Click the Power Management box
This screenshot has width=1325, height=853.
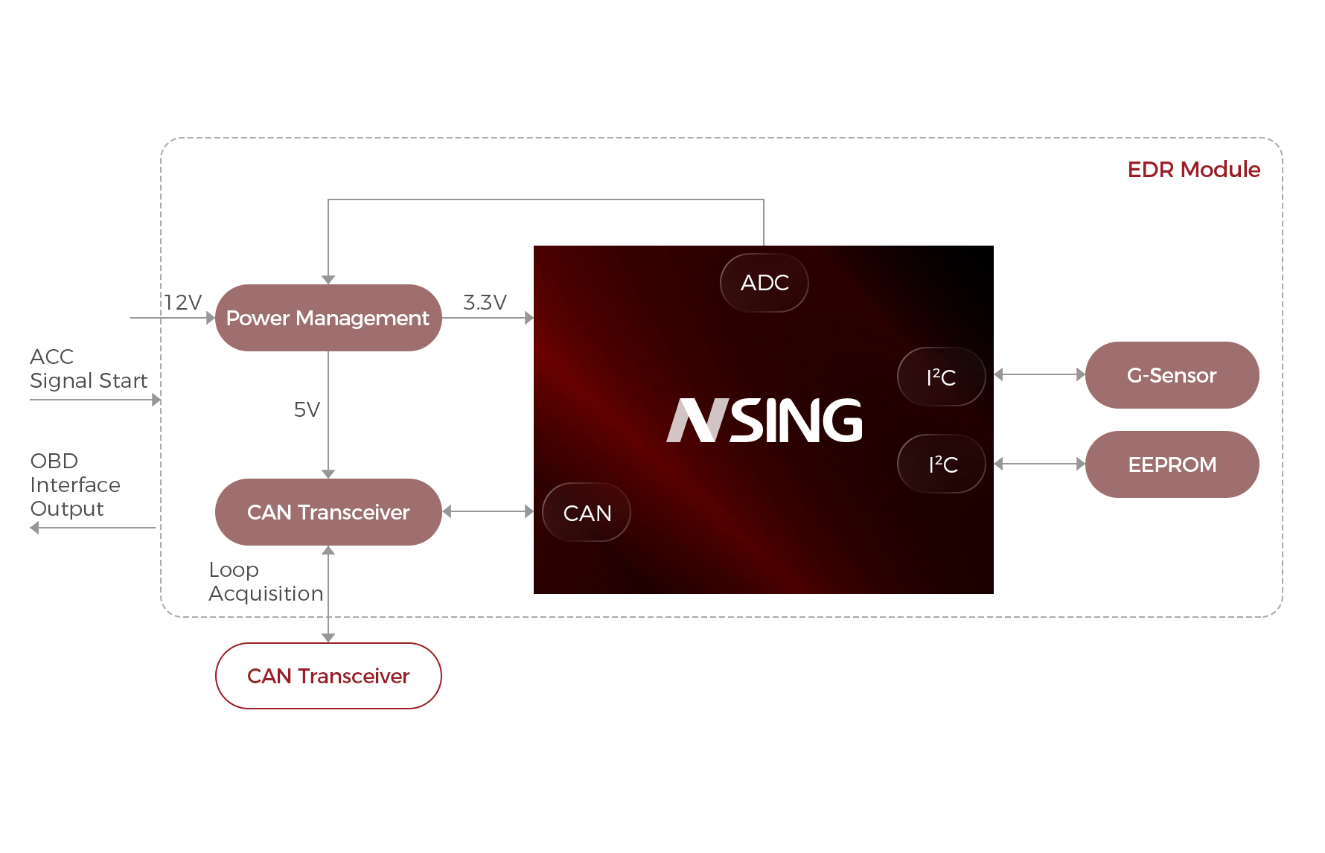[328, 317]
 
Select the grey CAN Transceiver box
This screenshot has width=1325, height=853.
[328, 511]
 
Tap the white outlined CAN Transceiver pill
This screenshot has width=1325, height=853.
[328, 676]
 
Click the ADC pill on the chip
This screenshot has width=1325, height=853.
[764, 283]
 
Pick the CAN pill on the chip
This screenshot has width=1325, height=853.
[587, 513]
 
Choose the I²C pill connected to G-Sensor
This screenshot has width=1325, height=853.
[941, 377]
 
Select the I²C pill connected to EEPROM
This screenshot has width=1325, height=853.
[942, 464]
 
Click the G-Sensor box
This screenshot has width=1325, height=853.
[1171, 375]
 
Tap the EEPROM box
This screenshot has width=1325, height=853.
[1171, 464]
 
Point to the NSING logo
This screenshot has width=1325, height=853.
[764, 421]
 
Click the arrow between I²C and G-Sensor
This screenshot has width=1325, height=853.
[1039, 374]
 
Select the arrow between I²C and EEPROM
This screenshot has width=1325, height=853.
[1039, 464]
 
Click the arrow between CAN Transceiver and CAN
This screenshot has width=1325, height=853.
[488, 511]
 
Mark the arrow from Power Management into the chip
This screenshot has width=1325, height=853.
[488, 318]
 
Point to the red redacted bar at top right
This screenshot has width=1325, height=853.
[1190, 169]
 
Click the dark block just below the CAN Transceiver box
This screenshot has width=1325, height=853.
[265, 583]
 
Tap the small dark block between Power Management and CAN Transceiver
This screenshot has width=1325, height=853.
[307, 409]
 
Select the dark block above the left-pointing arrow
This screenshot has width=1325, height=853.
[74, 486]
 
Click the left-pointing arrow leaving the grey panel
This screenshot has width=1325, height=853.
[92, 528]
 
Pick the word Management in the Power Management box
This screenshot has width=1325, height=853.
[362, 319]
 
